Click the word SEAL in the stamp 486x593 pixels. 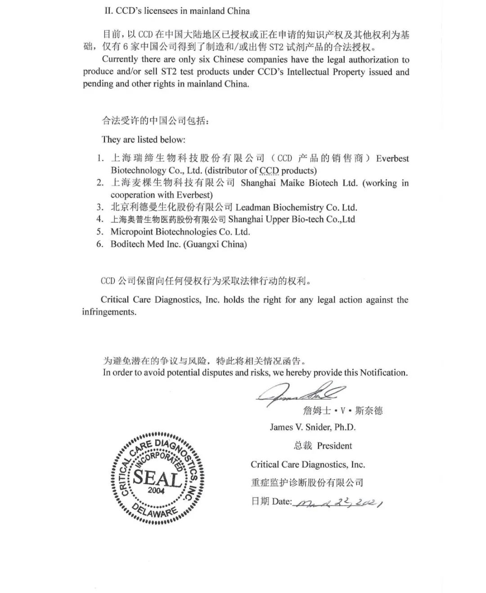157,476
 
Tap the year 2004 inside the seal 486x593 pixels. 156,490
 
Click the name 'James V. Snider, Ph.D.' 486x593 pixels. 313,427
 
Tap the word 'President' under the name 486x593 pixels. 334,446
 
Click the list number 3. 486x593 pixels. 100,208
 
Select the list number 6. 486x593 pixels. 100,244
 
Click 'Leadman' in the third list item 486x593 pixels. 252,208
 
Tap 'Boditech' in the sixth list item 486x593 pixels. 128,244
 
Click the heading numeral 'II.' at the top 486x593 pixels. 109,11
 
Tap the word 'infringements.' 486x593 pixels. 109,312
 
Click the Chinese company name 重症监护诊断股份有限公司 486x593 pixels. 307,483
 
